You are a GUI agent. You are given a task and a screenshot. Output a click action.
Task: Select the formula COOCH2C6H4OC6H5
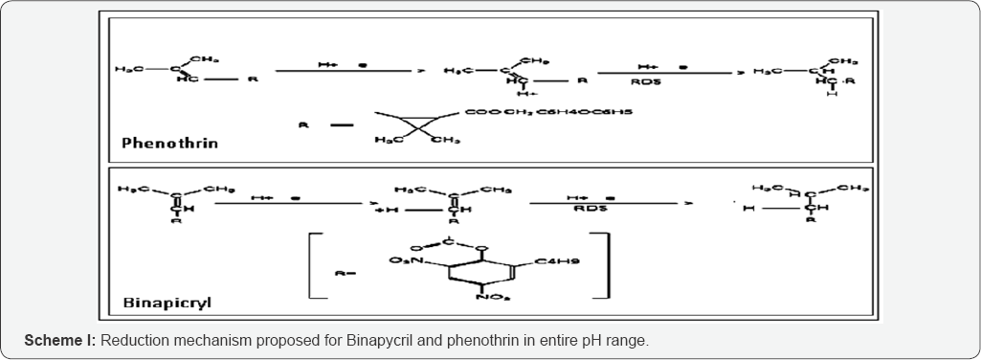coord(549,112)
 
